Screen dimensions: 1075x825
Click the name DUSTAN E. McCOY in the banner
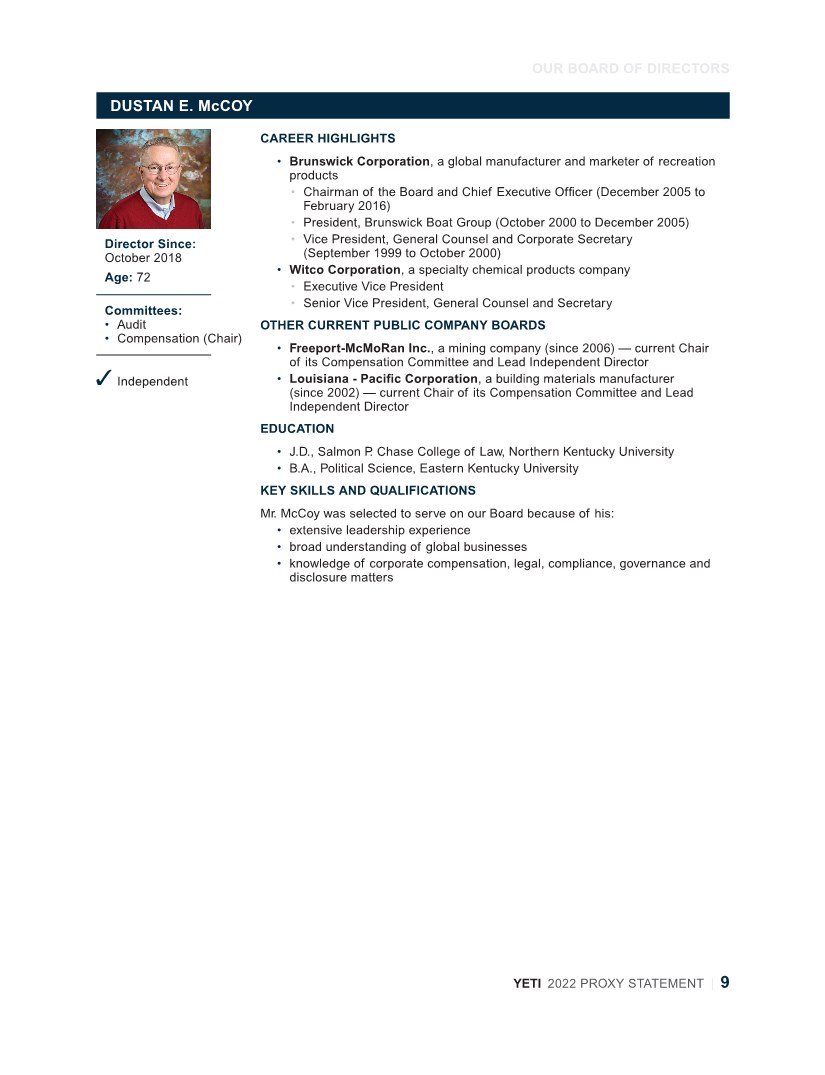coord(181,106)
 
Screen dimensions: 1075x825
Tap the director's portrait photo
coord(153,179)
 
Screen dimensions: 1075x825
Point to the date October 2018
coord(143,258)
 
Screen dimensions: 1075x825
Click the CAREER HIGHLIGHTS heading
coord(327,139)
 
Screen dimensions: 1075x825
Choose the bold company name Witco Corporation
coord(344,270)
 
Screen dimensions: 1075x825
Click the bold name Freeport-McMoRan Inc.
coord(361,348)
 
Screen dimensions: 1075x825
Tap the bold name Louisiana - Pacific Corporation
coord(383,379)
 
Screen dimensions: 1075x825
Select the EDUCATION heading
coord(297,429)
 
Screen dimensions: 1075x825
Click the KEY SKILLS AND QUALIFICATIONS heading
coord(367,491)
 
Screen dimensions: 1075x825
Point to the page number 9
coord(725,982)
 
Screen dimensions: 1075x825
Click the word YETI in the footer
coord(527,984)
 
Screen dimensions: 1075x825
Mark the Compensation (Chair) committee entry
coord(179,338)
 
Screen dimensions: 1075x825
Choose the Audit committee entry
coord(131,324)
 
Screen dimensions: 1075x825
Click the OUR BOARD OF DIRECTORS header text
coord(630,69)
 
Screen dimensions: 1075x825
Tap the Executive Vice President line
coord(373,286)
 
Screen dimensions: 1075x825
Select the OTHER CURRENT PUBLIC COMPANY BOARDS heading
coord(402,325)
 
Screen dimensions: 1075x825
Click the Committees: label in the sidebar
coord(143,311)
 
